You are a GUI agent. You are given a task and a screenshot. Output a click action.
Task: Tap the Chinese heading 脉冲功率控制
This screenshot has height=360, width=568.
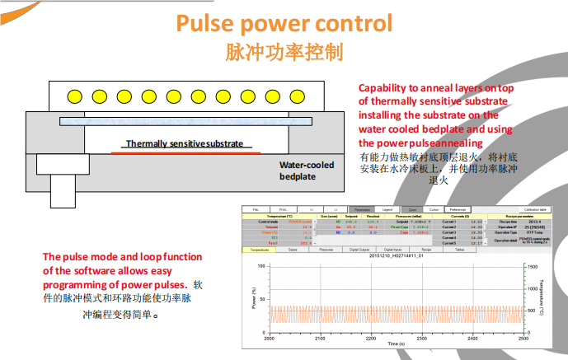coord(284,54)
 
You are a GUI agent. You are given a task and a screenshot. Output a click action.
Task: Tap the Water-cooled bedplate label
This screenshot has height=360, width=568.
coord(307,171)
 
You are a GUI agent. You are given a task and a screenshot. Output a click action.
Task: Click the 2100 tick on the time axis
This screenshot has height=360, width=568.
coord(320,339)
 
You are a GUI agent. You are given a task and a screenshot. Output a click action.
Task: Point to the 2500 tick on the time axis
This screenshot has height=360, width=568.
coord(521,339)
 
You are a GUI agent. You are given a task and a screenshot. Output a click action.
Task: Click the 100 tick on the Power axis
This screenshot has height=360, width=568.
coord(262,267)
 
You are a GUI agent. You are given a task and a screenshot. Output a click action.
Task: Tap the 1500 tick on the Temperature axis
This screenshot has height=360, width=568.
coord(533,267)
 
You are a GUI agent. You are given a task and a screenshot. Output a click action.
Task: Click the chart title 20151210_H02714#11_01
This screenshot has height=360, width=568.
coord(395,255)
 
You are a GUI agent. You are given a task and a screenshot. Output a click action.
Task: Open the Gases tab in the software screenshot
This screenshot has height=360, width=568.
coord(293,249)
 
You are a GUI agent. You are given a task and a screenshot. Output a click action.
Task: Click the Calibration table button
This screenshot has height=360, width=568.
coord(537,210)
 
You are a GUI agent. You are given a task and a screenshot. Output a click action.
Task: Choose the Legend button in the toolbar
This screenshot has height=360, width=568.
coord(388,210)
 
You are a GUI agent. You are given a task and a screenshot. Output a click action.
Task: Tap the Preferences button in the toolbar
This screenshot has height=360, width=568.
coord(458,210)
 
